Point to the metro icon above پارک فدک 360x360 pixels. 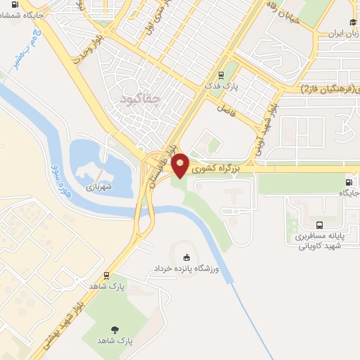point(221,75)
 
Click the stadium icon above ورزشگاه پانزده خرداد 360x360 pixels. point(186,257)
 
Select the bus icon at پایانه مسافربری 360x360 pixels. point(321,226)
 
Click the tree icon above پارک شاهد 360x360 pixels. point(115,328)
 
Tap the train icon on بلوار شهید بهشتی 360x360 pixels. point(106,275)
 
